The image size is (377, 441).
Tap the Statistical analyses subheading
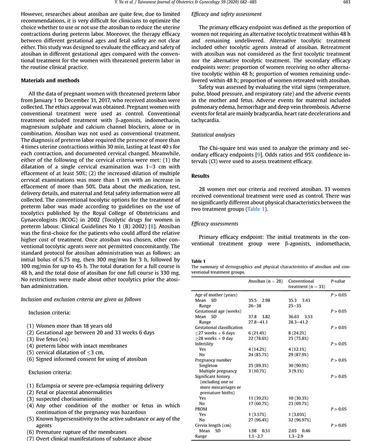(213, 135)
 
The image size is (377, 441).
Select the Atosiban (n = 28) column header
(265, 281)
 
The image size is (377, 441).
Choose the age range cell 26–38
(256, 306)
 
